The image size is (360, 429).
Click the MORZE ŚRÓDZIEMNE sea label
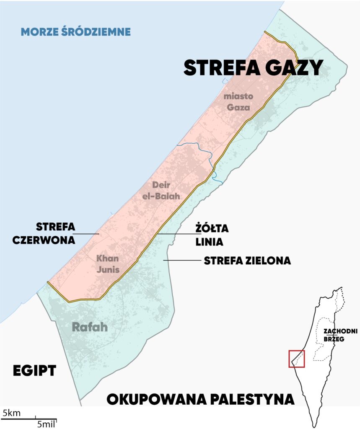(76, 31)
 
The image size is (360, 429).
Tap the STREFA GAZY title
(253, 68)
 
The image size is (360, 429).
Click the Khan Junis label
(108, 264)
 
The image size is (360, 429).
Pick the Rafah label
(90, 327)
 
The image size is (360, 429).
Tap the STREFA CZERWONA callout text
(55, 233)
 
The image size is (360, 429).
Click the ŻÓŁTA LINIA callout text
(209, 235)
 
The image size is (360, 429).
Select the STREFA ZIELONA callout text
(247, 261)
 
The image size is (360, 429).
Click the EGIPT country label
(34, 370)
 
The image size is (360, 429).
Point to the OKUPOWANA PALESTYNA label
(200, 399)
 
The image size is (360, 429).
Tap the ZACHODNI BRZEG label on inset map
(334, 335)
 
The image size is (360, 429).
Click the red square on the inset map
(296, 359)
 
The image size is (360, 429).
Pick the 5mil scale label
(46, 424)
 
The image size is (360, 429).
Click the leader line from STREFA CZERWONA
(87, 234)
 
